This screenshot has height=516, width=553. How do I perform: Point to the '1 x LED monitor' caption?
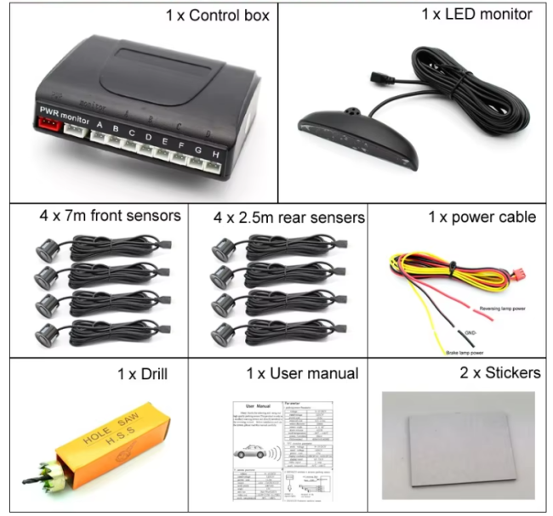tap(476, 14)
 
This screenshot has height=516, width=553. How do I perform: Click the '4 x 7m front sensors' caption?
tap(110, 216)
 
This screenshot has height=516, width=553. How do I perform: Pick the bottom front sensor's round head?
tap(44, 332)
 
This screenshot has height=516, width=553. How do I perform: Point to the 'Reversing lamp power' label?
tap(502, 309)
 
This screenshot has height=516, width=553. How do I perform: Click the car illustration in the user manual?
tap(253, 453)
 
